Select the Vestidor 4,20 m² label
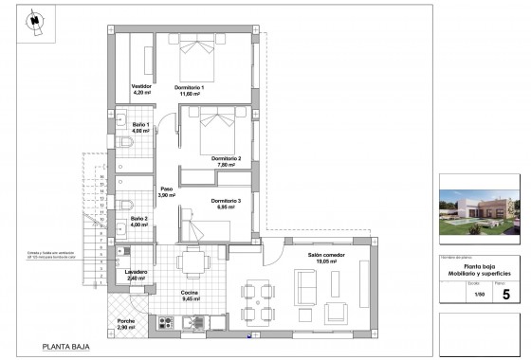141,91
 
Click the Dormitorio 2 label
226,160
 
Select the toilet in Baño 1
127,144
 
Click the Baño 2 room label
139,223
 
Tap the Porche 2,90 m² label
126,323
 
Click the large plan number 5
505,294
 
